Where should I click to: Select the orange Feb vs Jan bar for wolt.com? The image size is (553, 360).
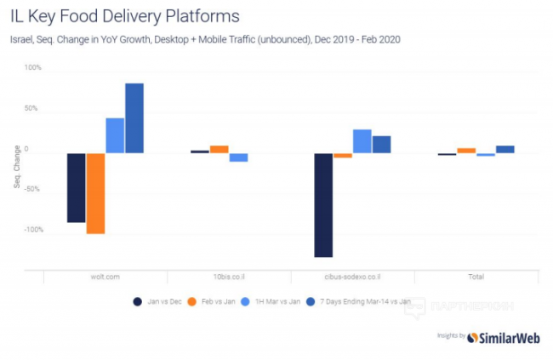95,193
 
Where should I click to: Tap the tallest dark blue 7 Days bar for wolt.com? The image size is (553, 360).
134,118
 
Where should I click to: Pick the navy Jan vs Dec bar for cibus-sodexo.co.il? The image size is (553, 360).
323,204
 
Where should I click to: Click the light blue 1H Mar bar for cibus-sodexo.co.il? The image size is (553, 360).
362,141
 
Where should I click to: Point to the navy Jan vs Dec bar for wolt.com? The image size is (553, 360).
77,187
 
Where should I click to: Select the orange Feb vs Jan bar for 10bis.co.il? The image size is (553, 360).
219,149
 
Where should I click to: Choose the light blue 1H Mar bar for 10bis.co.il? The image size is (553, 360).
238,157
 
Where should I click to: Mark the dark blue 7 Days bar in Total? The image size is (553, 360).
505,149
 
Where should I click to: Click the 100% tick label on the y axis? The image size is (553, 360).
32,67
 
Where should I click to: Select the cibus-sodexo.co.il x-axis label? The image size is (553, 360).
352,277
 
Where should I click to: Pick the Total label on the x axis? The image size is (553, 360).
476,277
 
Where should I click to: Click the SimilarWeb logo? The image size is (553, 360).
502,337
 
